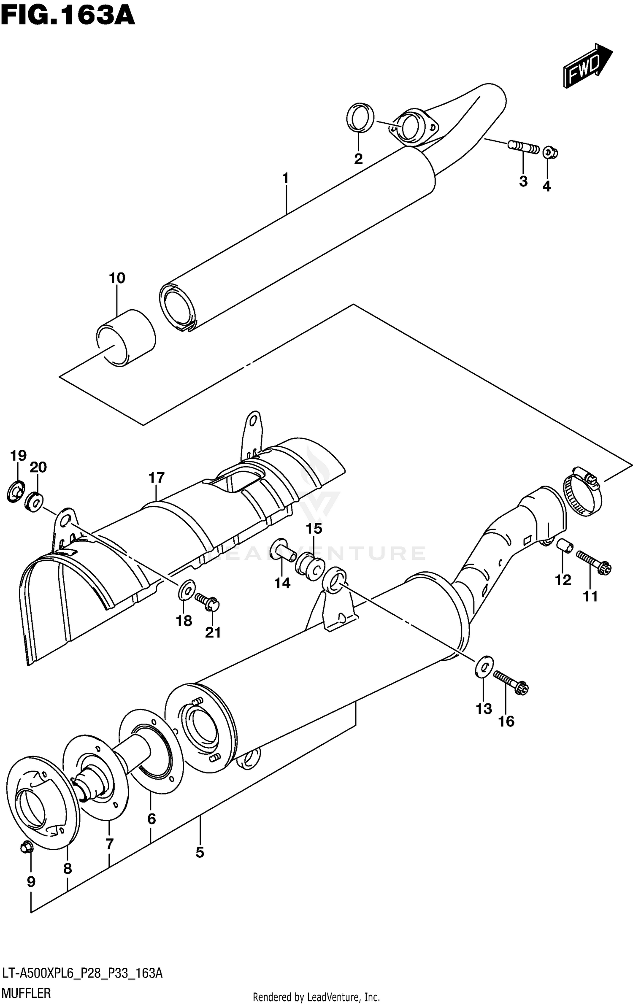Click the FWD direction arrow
pyautogui.click(x=587, y=66)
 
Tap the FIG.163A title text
pyautogui.click(x=68, y=17)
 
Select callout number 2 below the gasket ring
pyautogui.click(x=358, y=159)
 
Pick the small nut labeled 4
pyautogui.click(x=550, y=152)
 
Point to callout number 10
pyautogui.click(x=117, y=278)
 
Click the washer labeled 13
pyautogui.click(x=484, y=667)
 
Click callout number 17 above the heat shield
pyautogui.click(x=156, y=478)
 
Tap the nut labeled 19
pyautogui.click(x=16, y=492)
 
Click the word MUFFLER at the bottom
pyautogui.click(x=26, y=990)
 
